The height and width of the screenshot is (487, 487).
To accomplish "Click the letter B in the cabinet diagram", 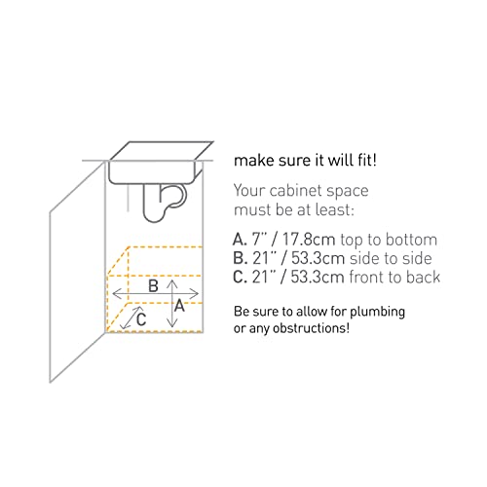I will [152, 286].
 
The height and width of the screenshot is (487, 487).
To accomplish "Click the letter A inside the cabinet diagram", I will [180, 304].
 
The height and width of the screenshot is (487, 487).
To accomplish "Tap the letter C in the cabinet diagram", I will [141, 318].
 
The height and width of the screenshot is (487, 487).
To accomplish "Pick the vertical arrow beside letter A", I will [170, 303].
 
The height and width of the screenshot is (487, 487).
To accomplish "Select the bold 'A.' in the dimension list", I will [240, 239].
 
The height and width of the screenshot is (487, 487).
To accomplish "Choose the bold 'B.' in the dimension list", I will [240, 258].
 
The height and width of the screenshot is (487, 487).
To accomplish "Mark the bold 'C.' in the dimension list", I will [240, 278].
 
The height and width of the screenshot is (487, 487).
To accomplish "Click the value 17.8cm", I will [311, 239].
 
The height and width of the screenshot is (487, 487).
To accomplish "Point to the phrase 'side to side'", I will [396, 258].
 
